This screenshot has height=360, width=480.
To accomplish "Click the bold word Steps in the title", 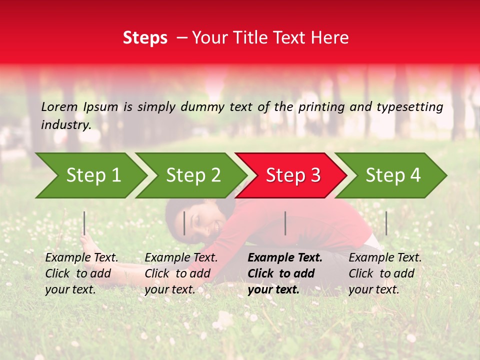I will pos(145,38).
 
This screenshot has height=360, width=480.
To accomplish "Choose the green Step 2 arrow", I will pos(190,175).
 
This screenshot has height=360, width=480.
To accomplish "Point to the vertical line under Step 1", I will pos(84,223).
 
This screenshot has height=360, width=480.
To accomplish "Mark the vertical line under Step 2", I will pos(184,223).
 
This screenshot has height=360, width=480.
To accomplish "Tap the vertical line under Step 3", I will pos(285,223).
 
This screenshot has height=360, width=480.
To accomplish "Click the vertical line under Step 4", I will pos(386,223).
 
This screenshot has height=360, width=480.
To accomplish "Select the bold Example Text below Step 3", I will pos(284,273).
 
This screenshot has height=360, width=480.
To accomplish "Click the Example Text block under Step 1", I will pos(81,273).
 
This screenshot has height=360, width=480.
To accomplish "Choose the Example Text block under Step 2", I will pos(181,273).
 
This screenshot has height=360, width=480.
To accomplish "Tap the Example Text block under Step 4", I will pos(385,273).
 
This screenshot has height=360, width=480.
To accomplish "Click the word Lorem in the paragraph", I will pos(59,106).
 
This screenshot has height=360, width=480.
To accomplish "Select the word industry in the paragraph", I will pos(65,124).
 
